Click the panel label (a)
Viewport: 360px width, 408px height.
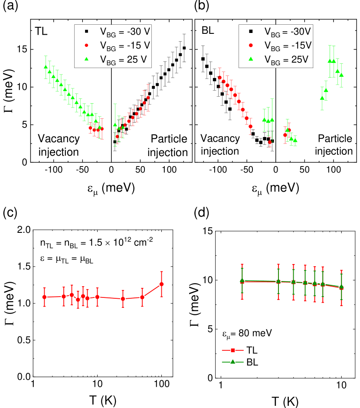[10, 7]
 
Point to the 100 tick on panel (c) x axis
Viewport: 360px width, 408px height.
[161, 385]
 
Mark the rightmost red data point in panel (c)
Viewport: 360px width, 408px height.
[161, 284]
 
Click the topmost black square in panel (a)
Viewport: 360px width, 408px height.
[184, 48]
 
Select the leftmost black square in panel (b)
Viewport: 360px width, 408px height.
[203, 59]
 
